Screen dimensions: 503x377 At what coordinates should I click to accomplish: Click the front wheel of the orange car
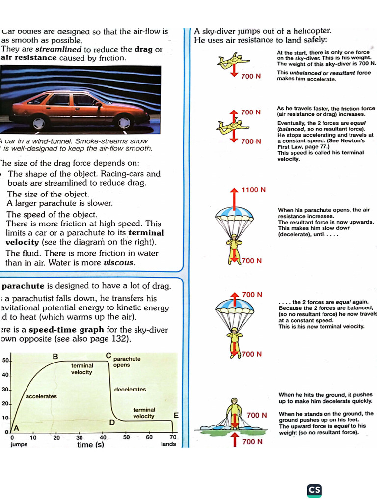(39, 121)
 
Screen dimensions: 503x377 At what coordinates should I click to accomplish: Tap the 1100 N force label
(254, 190)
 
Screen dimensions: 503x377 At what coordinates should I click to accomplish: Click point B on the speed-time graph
(55, 356)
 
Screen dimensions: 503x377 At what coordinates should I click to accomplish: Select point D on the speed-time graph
(112, 422)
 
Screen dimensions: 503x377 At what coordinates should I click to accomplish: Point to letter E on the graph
(175, 415)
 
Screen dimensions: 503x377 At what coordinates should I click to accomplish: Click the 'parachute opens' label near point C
(127, 362)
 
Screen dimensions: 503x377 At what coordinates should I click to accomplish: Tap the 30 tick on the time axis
(80, 437)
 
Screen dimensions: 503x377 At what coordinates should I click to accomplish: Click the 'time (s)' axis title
(91, 445)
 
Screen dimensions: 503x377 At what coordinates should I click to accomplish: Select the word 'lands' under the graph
(168, 444)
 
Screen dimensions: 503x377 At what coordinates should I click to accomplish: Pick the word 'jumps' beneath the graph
(19, 444)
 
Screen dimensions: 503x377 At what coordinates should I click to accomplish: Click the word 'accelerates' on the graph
(41, 396)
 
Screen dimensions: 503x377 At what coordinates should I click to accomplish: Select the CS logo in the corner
(314, 490)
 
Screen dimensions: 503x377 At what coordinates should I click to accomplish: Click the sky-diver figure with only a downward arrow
(231, 61)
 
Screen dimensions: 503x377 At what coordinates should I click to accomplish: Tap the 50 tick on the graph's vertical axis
(5, 361)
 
